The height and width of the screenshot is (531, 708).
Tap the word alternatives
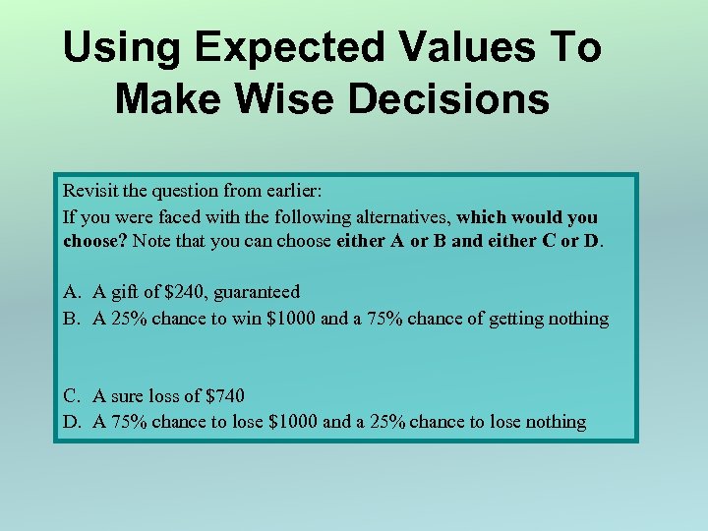click(397, 216)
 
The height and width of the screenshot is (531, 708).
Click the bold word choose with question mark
click(95, 241)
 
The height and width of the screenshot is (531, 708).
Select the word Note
click(153, 241)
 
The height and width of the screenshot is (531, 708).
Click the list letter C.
click(71, 396)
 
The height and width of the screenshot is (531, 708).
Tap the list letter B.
click(71, 319)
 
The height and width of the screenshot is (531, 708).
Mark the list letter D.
click(71, 423)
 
